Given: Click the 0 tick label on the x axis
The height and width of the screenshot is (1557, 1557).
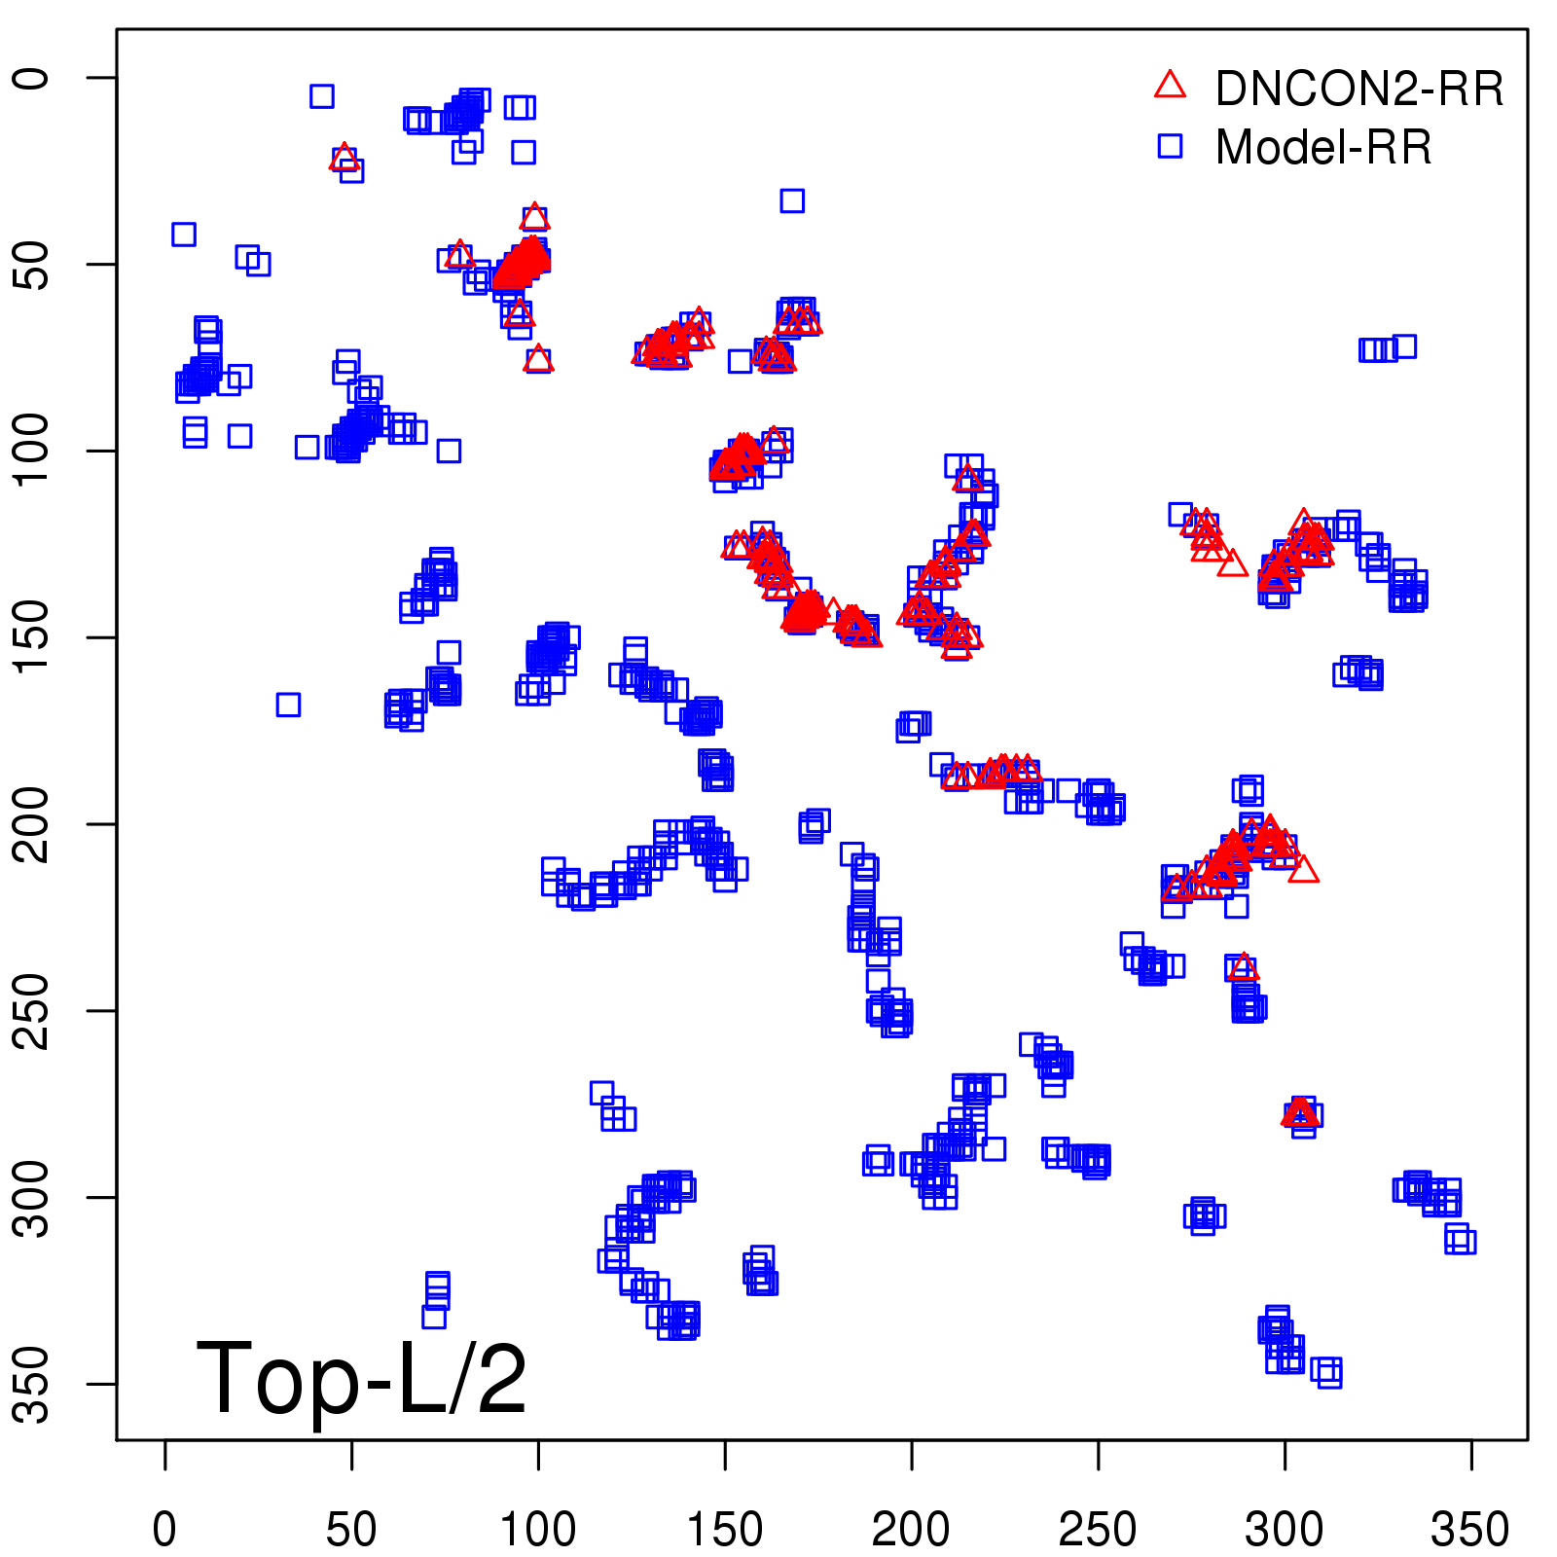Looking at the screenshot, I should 164,1530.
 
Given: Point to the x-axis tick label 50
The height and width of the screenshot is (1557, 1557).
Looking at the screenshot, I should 351,1530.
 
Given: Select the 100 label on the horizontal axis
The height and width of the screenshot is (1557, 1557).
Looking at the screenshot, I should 538,1530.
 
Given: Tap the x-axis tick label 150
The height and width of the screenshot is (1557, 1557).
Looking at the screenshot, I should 725,1530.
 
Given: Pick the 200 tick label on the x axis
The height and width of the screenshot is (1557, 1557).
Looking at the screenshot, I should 911,1530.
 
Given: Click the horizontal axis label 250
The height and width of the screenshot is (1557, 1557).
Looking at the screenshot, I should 1098,1530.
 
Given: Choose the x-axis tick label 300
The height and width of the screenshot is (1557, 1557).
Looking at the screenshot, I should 1285,1530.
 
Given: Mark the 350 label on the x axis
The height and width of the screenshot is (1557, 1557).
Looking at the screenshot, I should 1470,1530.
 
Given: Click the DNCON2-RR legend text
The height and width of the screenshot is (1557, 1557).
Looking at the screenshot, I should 1359,90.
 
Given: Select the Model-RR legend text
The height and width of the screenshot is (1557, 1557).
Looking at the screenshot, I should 1323,148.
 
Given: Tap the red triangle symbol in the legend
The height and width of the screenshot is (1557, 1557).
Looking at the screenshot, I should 1170,86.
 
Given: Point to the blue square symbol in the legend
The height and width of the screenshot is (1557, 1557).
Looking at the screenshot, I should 1170,146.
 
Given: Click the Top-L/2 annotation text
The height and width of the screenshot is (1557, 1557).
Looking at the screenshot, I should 361,1378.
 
